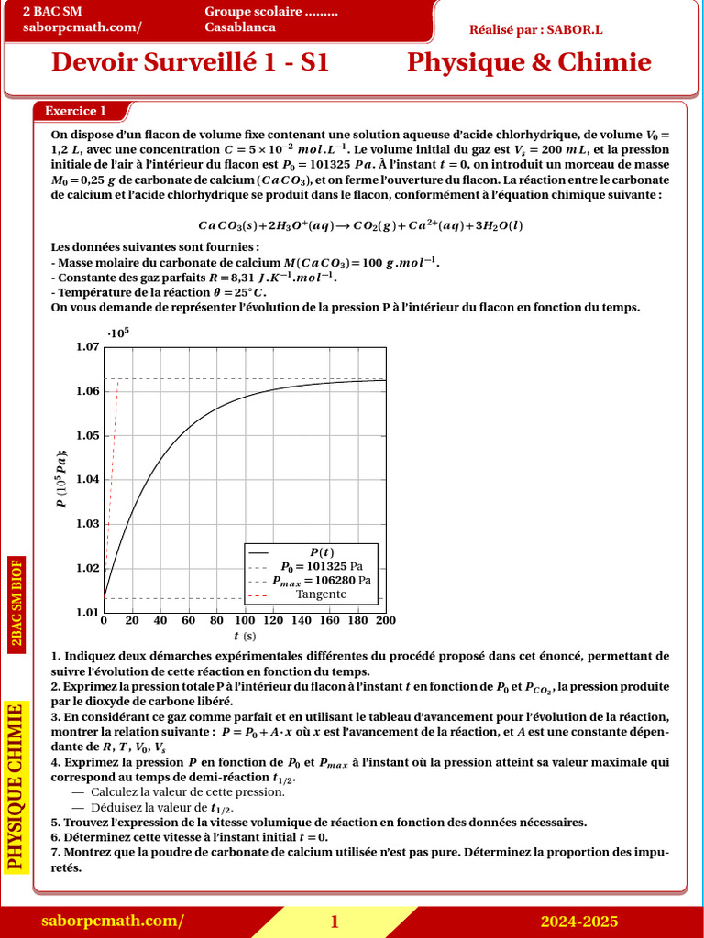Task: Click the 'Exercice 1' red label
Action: pyautogui.click(x=76, y=111)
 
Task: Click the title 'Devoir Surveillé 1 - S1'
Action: pyautogui.click(x=190, y=62)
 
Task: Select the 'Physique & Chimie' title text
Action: pyautogui.click(x=529, y=62)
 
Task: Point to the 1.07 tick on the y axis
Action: pyautogui.click(x=87, y=347)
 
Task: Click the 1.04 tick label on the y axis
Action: pyautogui.click(x=87, y=480)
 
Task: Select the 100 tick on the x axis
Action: pyautogui.click(x=245, y=620)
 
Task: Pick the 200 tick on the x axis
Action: pyautogui.click(x=386, y=620)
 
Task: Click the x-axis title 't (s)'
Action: pyautogui.click(x=245, y=636)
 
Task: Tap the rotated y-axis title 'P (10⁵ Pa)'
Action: pyautogui.click(x=60, y=479)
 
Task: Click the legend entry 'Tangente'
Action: pyautogui.click(x=321, y=594)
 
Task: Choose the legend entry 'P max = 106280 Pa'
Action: pyautogui.click(x=321, y=580)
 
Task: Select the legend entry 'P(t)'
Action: pyautogui.click(x=321, y=552)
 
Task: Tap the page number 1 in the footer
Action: pyautogui.click(x=335, y=922)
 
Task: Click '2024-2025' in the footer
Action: pyautogui.click(x=578, y=922)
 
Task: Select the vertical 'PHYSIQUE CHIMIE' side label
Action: pyautogui.click(x=15, y=785)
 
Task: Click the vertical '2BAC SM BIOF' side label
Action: pyautogui.click(x=16, y=604)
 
